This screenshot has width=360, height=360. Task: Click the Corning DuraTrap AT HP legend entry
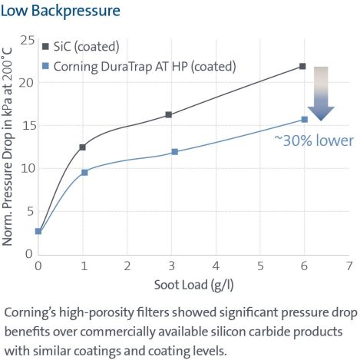[x=143, y=67]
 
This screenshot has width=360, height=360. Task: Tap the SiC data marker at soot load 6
[x=302, y=66]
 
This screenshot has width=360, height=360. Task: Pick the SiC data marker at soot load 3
[x=169, y=114]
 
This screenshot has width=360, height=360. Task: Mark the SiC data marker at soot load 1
[x=82, y=147]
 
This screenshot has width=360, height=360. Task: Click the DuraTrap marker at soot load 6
[x=304, y=119]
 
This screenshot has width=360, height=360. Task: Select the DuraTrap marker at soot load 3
[x=174, y=151]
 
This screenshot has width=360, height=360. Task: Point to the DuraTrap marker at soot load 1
[x=84, y=172]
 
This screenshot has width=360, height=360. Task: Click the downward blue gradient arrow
[x=321, y=93]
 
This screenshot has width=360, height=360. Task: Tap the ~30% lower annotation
[x=313, y=140]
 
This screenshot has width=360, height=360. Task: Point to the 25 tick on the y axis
[x=27, y=40]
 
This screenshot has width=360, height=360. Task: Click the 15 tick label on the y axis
[x=27, y=125]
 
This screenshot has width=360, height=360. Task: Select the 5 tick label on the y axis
[x=30, y=211]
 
